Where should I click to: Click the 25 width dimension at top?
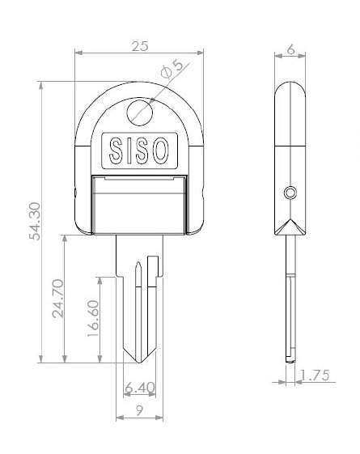(x=139, y=47)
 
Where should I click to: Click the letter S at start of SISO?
(x=115, y=150)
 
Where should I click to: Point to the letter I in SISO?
(x=129, y=150)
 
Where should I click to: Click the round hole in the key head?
(x=139, y=111)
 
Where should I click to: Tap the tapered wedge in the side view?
(x=290, y=226)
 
